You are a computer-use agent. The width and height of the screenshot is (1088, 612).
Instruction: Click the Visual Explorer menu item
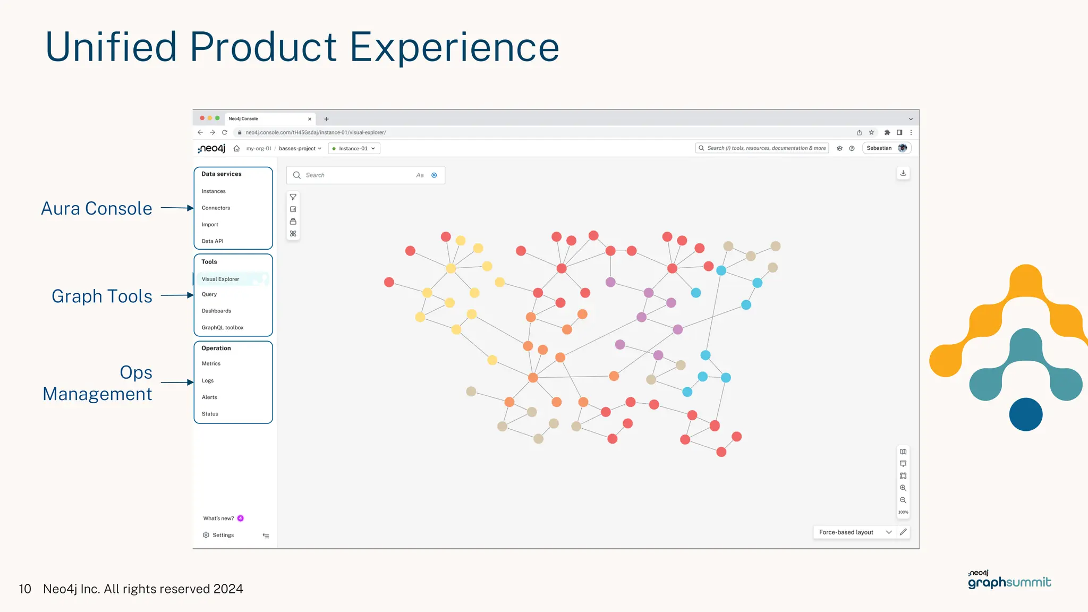coord(220,279)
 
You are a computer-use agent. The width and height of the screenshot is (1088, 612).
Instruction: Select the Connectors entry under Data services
coord(216,208)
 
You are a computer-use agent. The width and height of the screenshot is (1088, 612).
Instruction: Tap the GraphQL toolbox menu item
coord(223,328)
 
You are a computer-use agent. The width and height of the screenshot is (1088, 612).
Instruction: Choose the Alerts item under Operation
coord(209,397)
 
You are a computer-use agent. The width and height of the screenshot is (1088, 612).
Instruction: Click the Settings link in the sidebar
coord(223,535)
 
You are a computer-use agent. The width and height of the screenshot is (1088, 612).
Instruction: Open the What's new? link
coord(218,518)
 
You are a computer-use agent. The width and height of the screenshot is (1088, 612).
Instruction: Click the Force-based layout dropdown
coord(854,532)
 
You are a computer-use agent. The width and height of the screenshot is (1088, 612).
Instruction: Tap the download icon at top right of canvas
coord(903,173)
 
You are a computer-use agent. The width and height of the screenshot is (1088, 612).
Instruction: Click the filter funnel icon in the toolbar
coord(293,197)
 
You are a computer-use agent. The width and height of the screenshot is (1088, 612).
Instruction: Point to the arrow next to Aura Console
coord(177,208)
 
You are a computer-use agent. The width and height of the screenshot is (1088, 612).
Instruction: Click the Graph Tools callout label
coord(102,296)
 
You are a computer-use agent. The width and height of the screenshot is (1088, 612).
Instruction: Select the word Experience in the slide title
coord(454,47)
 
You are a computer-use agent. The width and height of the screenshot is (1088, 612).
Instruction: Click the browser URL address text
coord(316,133)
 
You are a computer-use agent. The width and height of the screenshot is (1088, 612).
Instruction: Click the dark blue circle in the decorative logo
coord(1025,414)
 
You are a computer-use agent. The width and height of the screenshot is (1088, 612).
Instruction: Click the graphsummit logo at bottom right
coord(1009,581)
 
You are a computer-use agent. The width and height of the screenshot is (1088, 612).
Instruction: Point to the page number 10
coord(25,589)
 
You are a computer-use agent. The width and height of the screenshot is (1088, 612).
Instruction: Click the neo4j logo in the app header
coord(211,149)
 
